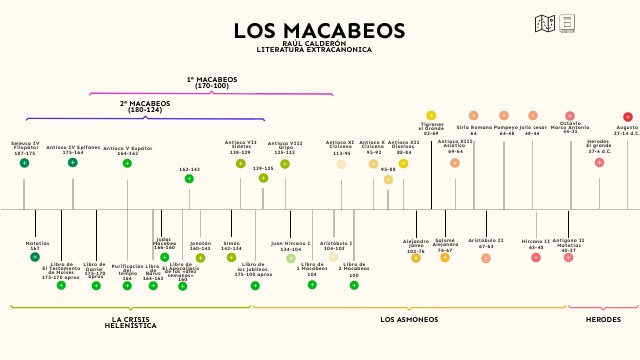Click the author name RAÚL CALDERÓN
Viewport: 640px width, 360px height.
click(313, 44)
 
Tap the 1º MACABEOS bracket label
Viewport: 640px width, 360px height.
click(212, 82)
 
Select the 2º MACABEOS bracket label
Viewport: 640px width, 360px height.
click(145, 106)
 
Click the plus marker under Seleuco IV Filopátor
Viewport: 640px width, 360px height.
click(24, 162)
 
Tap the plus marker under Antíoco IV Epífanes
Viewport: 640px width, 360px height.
click(72, 162)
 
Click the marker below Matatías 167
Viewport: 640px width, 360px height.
click(35, 257)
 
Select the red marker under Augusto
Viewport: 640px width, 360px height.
click(628, 117)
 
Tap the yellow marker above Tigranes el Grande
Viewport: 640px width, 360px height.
click(431, 115)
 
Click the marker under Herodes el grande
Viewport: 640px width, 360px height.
click(599, 162)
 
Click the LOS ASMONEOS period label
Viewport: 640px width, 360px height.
click(409, 319)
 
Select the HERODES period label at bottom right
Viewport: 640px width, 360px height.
click(603, 319)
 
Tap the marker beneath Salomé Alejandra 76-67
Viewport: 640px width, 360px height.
click(445, 258)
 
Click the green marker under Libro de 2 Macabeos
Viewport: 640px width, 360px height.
click(354, 285)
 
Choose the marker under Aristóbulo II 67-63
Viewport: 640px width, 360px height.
click(486, 258)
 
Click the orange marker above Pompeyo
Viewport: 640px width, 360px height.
click(504, 115)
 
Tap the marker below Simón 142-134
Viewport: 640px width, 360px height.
click(232, 257)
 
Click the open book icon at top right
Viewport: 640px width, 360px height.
click(545, 22)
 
